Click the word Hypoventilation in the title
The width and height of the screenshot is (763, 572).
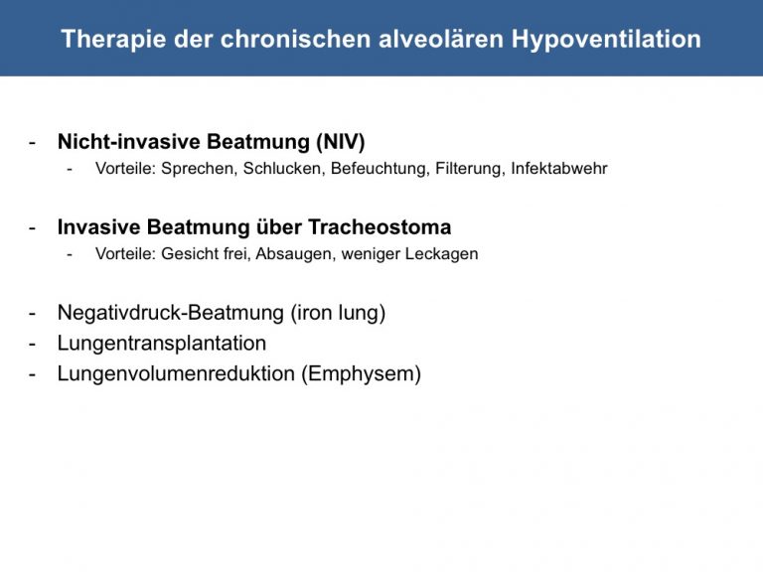[606, 40]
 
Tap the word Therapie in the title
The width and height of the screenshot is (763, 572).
[114, 40]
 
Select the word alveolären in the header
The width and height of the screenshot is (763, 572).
[441, 39]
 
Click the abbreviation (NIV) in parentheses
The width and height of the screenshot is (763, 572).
[341, 142]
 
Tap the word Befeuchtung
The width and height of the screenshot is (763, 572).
[381, 169]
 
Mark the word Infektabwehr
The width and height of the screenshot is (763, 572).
[559, 168]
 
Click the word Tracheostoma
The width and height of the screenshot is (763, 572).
[380, 227]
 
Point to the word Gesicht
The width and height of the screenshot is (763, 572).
[190, 254]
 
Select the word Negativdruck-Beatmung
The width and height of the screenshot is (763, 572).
[171, 313]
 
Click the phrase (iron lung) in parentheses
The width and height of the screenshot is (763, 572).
[338, 313]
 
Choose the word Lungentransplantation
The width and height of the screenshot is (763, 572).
[162, 344]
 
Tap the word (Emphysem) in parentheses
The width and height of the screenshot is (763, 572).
[361, 374]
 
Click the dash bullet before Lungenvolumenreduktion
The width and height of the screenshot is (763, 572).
[32, 375]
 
